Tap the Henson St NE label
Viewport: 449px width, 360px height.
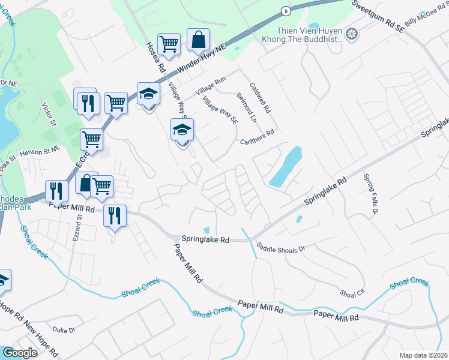click(40, 152)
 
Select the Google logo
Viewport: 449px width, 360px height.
click(20, 353)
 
